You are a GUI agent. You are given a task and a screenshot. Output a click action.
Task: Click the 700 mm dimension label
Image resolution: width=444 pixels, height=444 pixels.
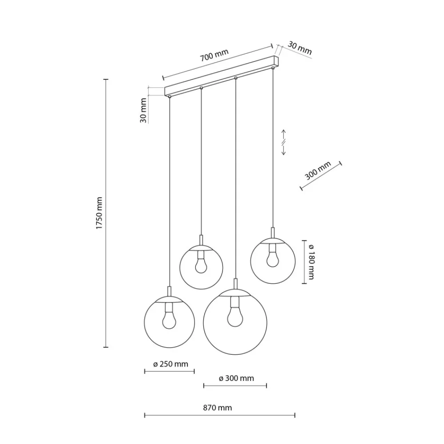coord(214,55)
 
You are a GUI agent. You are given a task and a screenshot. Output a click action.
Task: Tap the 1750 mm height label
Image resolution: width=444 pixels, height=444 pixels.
coord(99,213)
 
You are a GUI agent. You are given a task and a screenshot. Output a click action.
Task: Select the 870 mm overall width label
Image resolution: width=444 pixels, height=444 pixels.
coord(218,408)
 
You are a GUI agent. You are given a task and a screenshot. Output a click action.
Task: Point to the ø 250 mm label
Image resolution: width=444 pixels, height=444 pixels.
coord(170,364)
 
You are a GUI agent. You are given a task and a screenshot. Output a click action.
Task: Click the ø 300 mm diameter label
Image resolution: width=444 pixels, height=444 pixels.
coord(237,378)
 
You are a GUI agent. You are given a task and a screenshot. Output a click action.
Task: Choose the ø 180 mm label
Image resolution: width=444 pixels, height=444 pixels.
coord(311,262)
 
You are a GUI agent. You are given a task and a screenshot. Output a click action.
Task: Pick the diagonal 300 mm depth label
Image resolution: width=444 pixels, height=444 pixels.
coord(318,170)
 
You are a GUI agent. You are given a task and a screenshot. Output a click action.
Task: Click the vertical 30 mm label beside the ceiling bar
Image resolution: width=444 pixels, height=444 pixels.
coord(143,111)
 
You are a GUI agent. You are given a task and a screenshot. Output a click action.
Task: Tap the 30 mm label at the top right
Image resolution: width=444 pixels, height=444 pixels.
coord(300,48)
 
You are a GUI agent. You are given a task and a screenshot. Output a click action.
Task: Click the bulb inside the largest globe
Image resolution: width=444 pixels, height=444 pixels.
coord(235,316)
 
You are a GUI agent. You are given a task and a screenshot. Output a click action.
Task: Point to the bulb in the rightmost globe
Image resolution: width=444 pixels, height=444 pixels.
coord(273,259)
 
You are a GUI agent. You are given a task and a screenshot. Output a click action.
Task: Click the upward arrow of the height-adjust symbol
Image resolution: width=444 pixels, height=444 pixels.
coord(283,135)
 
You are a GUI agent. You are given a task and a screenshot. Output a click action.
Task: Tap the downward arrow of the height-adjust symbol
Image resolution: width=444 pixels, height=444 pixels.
coord(283,150)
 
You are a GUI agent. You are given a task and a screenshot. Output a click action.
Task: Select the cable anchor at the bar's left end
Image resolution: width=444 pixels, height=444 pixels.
coord(169,96)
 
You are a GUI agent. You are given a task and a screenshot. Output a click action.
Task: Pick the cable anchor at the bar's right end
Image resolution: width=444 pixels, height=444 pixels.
coord(273,67)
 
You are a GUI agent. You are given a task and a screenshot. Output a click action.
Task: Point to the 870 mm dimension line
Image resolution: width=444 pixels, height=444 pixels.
coord(220,416)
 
